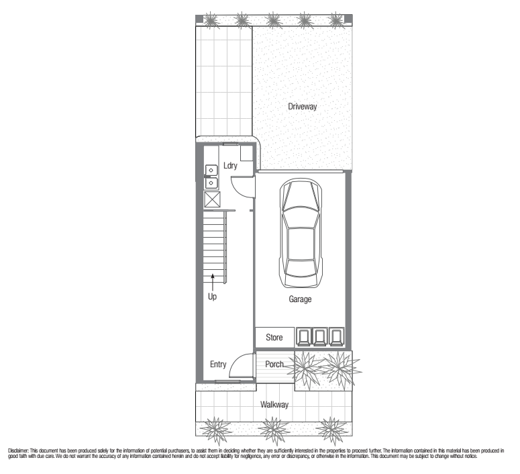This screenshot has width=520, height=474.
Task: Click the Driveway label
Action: coord(302,107)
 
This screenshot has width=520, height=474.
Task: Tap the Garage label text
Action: coord(300,299)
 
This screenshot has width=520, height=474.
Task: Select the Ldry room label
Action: coord(230,165)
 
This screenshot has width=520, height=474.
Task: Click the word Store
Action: coord(274,337)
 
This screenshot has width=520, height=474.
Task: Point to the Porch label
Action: coord(274,364)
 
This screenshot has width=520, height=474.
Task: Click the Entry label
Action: coord(218,365)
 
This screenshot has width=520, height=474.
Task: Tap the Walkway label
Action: coord(274,405)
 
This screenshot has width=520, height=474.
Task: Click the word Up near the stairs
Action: coord(212,296)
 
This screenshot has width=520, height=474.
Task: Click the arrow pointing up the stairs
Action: coord(213,282)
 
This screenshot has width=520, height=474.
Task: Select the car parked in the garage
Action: coord(301,233)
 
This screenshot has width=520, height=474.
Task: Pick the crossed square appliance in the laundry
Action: coord(212,199)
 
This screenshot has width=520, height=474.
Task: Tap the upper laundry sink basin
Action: coord(211,170)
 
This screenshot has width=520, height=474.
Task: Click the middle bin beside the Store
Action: coord(320,336)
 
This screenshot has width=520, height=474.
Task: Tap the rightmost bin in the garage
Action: coord(336,336)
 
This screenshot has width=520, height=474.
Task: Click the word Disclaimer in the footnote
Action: coord(19,451)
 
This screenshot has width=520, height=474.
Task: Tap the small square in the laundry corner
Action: coord(247,153)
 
